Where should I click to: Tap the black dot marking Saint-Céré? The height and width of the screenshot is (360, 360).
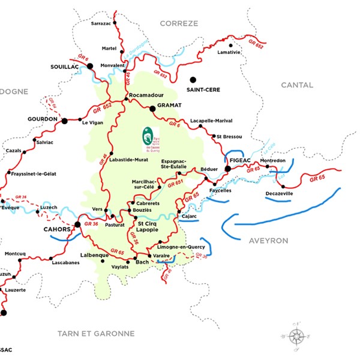pyautogui.click(x=193, y=79)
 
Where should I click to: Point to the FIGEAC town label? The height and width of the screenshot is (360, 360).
pyautogui.click(x=240, y=160)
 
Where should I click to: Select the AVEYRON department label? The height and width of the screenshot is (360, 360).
pyautogui.click(x=268, y=241)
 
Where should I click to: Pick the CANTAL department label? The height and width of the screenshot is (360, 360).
pyautogui.click(x=297, y=85)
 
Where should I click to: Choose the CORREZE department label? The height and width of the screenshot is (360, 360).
pyautogui.click(x=179, y=23)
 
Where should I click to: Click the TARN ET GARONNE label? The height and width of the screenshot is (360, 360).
pyautogui.click(x=96, y=334)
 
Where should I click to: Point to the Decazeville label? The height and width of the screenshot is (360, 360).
pyautogui.click(x=283, y=194)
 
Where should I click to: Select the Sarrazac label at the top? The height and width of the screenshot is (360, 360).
pyautogui.click(x=101, y=24)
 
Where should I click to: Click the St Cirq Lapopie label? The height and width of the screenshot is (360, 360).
pyautogui.click(x=148, y=226)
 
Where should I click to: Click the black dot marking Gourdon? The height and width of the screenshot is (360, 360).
pyautogui.click(x=64, y=121)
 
